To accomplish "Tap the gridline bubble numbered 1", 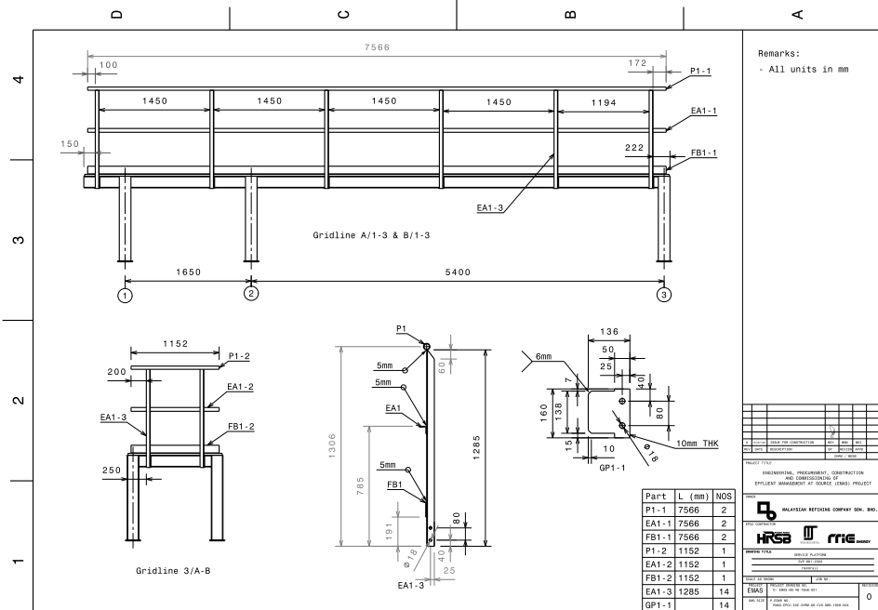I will pos(125,297).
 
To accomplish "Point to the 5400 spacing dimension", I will pos(457,271).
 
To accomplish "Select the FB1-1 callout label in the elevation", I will pos(702,152).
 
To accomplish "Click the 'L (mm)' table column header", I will pos(685,499).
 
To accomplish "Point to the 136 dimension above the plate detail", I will pos(610,332).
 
